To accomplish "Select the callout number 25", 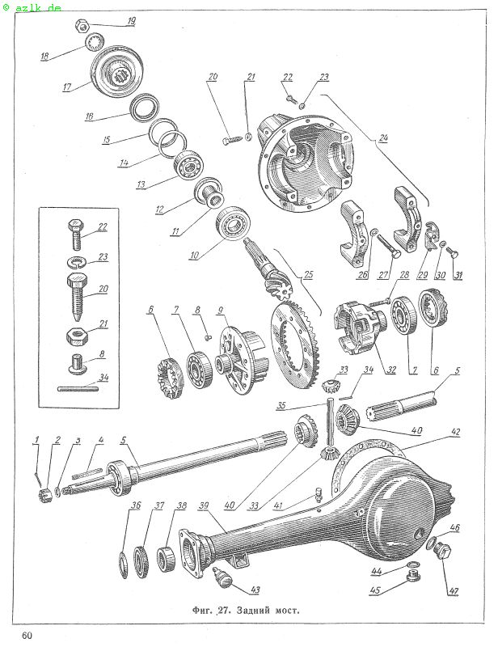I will tap(306, 274).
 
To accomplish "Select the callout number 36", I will tap(136, 506).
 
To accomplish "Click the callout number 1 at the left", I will tap(36, 439).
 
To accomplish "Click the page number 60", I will tap(27, 634).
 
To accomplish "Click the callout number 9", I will tap(219, 310).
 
